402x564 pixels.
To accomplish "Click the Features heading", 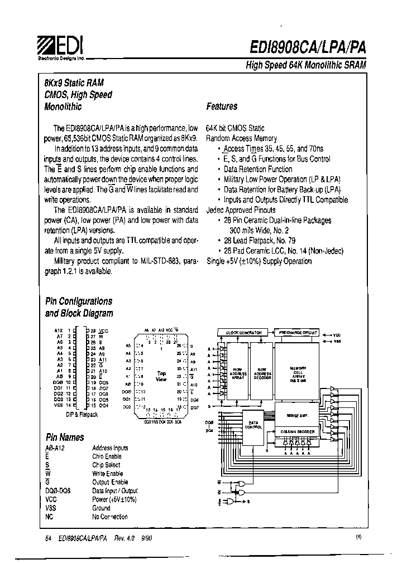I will point(222,106).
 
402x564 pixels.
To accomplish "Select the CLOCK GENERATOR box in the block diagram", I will point(243,332).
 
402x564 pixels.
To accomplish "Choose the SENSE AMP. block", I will point(298,416).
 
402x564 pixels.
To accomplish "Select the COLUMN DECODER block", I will point(298,431).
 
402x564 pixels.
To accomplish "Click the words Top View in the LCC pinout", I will point(161,376).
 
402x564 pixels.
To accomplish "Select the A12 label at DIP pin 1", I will point(59,330).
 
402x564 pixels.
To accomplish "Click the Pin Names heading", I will point(64,437).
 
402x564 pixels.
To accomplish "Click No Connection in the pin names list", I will point(110,517).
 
